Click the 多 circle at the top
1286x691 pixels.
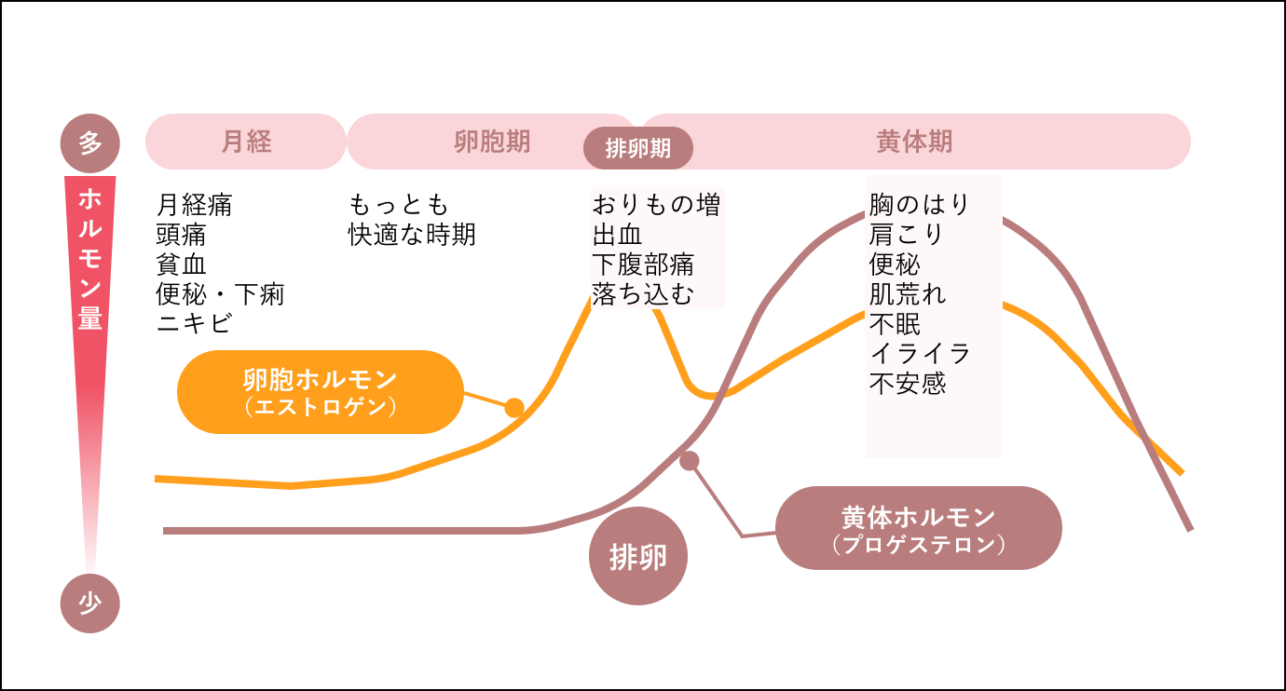click(x=90, y=143)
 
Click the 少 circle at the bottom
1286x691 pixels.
click(x=90, y=603)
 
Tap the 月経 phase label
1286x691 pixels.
click(x=246, y=142)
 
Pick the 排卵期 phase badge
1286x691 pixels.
click(x=638, y=149)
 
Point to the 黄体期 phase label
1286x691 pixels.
click(x=914, y=142)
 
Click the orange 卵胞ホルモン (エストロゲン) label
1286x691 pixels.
click(x=320, y=392)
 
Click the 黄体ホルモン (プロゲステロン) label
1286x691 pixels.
click(x=918, y=528)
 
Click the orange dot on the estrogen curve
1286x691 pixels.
click(x=514, y=408)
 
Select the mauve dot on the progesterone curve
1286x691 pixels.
click(x=689, y=460)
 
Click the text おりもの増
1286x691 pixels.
click(x=657, y=204)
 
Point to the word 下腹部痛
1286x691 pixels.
click(x=643, y=264)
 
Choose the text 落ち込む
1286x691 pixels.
click(x=643, y=294)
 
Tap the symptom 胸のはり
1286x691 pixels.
click(x=920, y=204)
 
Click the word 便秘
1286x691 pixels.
click(x=895, y=264)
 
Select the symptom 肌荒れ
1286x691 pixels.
click(x=908, y=294)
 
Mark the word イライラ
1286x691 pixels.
click(x=920, y=354)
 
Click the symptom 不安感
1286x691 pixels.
click(x=908, y=384)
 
